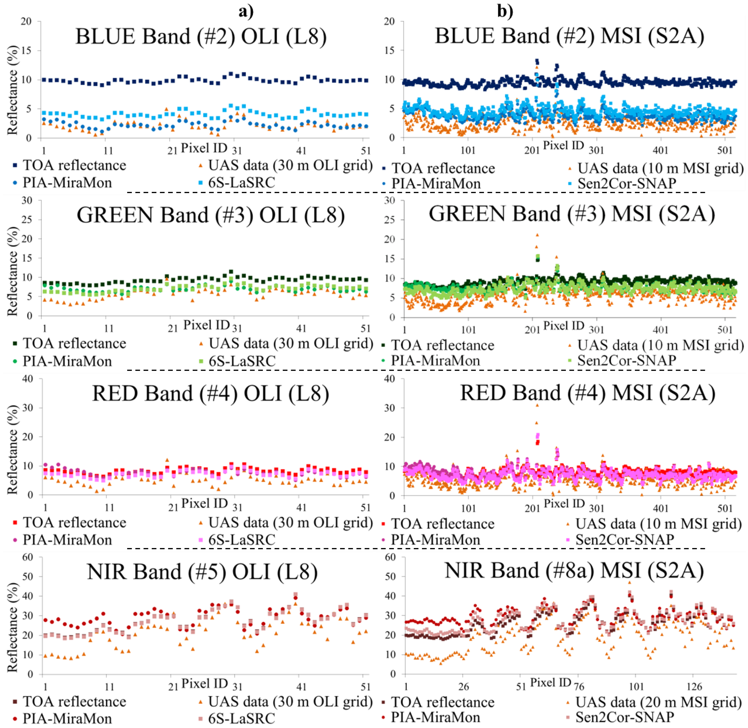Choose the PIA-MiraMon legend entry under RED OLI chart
(67, 540)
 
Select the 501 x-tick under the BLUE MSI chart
(725, 150)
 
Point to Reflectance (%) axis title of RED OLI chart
(13, 449)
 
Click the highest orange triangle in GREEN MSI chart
(537, 235)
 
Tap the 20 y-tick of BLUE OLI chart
(26, 21)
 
